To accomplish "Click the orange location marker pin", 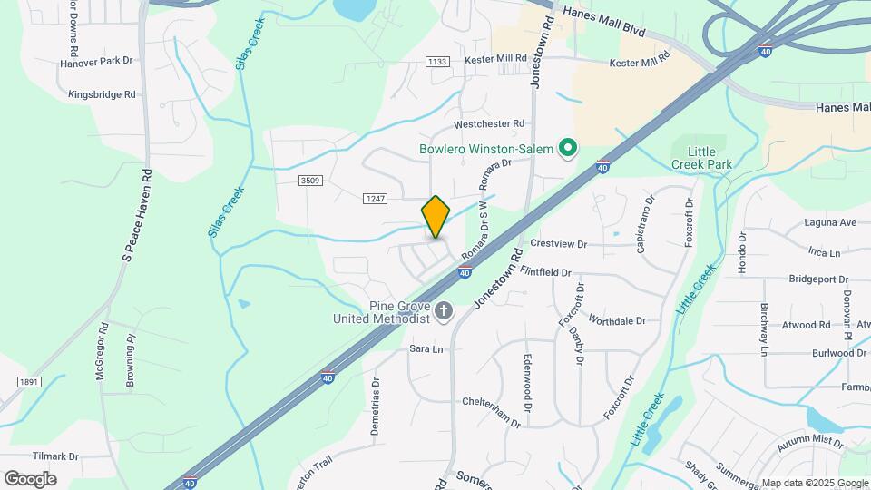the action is coord(436,217).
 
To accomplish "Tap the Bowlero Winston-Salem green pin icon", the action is coord(569,147).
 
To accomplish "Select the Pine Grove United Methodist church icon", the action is coord(444,312).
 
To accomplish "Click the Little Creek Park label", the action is coord(694,158).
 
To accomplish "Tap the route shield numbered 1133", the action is coord(436,62).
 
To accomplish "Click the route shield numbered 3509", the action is coord(310,181).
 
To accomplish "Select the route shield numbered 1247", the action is coord(375,199).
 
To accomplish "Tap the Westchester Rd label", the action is coord(490,123).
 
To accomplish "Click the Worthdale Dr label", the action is coord(616,321).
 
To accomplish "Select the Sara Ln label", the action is coord(426,348).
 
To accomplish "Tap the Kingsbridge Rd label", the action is coord(102,94).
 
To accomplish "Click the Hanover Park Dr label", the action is coord(96,62).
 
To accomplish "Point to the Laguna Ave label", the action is coord(829,222).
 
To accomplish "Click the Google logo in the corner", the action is coord(30,479).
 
